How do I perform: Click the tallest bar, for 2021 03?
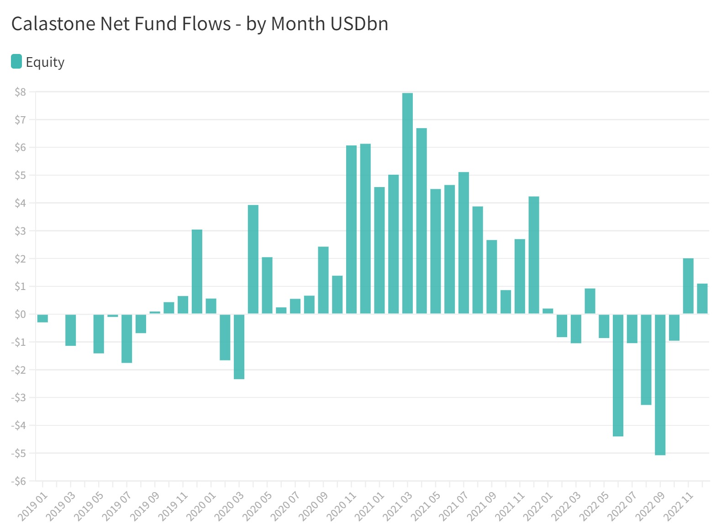(407, 203)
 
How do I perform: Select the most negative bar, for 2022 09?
(660, 384)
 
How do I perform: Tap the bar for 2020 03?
(239, 346)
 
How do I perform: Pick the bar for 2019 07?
(126, 338)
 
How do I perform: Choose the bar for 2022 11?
(688, 286)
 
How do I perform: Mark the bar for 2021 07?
(464, 243)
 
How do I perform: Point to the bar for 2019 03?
(70, 330)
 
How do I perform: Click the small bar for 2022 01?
(548, 311)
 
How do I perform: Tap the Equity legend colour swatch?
(16, 61)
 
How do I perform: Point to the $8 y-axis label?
(20, 92)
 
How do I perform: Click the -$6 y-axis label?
(19, 481)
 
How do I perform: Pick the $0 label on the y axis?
(20, 314)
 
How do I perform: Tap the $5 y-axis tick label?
(20, 175)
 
